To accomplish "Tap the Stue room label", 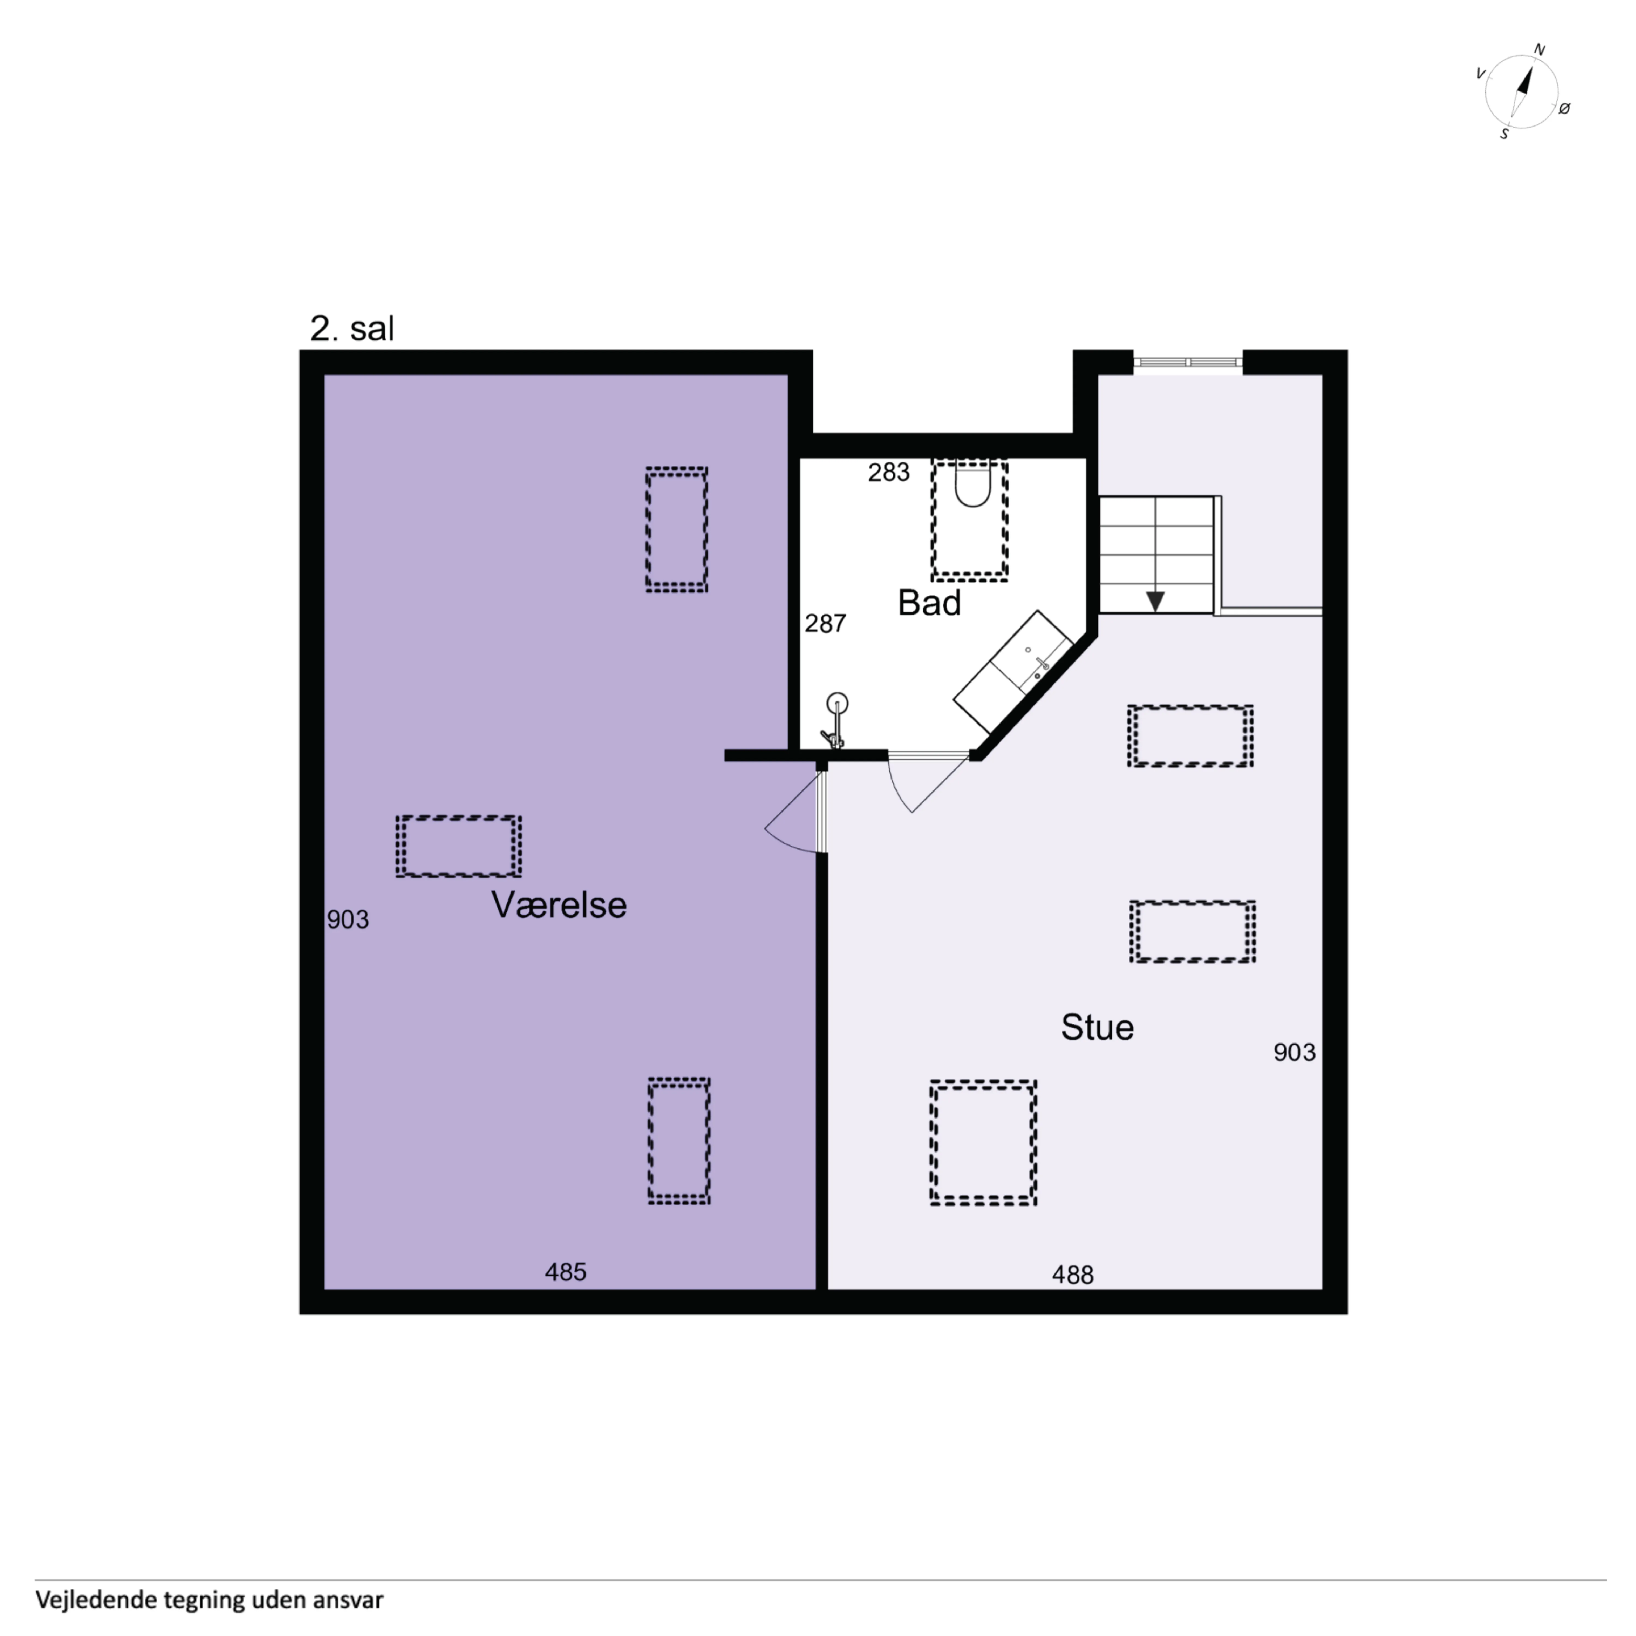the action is point(1097,1027).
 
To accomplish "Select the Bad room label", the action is point(929,603).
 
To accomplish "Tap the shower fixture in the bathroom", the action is point(835,721).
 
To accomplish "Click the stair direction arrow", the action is point(1155,600).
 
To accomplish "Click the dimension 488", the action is point(1073,1274).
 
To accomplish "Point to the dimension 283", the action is point(888,472).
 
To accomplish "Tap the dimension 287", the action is point(825,623).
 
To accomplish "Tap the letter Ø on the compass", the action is point(1564,108).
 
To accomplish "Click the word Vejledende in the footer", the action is point(96,1599).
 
